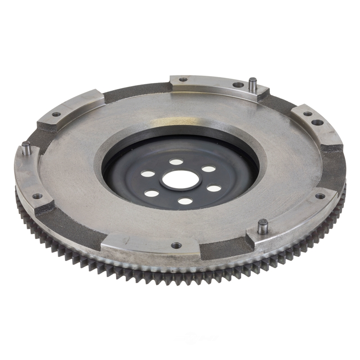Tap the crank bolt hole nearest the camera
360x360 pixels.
[x=185, y=201]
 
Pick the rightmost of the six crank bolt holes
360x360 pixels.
[x=214, y=188]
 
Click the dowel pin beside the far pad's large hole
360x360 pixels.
[x=253, y=84]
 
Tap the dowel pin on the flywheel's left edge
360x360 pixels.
[x=27, y=148]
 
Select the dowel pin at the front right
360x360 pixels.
[x=263, y=226]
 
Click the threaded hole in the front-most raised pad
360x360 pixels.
[x=176, y=246]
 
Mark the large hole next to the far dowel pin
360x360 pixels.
[x=238, y=84]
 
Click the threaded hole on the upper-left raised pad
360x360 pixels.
[x=56, y=114]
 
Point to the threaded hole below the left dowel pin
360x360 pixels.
[x=37, y=196]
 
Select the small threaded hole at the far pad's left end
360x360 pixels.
[x=183, y=80]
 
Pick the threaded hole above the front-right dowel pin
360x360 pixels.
[x=320, y=196]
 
